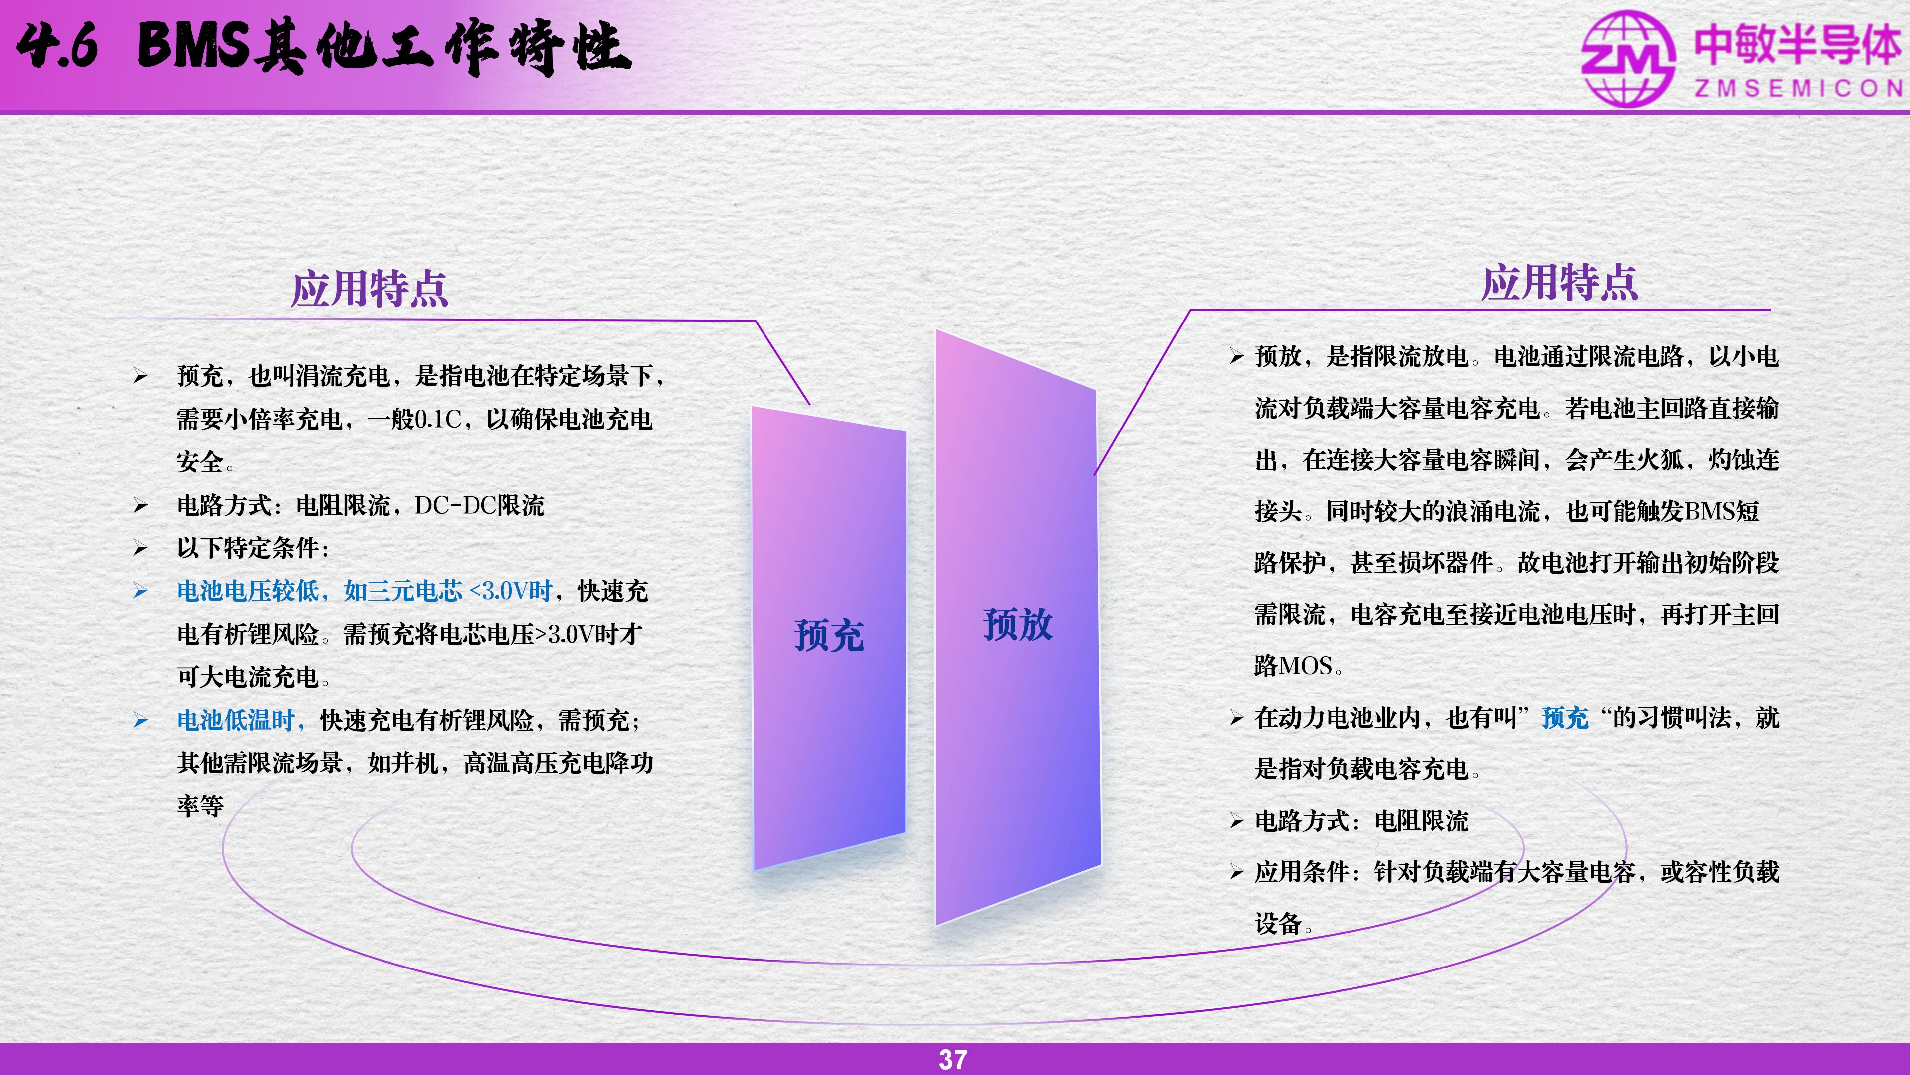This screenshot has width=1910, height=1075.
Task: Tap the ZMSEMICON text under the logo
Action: [x=1799, y=88]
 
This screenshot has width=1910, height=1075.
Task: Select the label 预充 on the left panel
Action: [x=829, y=636]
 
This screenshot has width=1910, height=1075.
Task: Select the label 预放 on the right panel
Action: [x=1018, y=624]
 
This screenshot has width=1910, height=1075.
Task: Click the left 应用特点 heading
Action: [x=370, y=289]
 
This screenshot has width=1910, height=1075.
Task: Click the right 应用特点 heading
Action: [x=1559, y=283]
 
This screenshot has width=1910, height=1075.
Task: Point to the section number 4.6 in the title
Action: [x=57, y=46]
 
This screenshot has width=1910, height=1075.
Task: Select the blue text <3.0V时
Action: [x=511, y=591]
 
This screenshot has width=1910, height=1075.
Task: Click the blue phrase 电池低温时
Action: [x=236, y=720]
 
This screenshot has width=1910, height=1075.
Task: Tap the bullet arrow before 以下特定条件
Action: [x=141, y=549]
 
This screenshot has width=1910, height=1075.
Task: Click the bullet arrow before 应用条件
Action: [x=1236, y=872]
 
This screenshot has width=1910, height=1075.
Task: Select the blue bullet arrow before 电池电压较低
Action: [x=141, y=591]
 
